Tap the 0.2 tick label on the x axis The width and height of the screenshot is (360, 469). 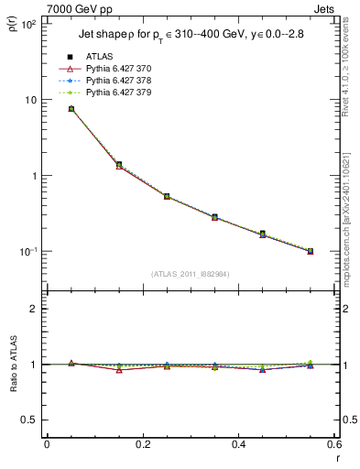142,445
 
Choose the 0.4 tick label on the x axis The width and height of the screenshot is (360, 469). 238,445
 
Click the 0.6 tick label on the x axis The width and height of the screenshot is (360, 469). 333,445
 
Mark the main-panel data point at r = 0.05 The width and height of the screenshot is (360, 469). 71,109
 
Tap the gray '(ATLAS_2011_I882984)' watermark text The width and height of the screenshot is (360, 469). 191,274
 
